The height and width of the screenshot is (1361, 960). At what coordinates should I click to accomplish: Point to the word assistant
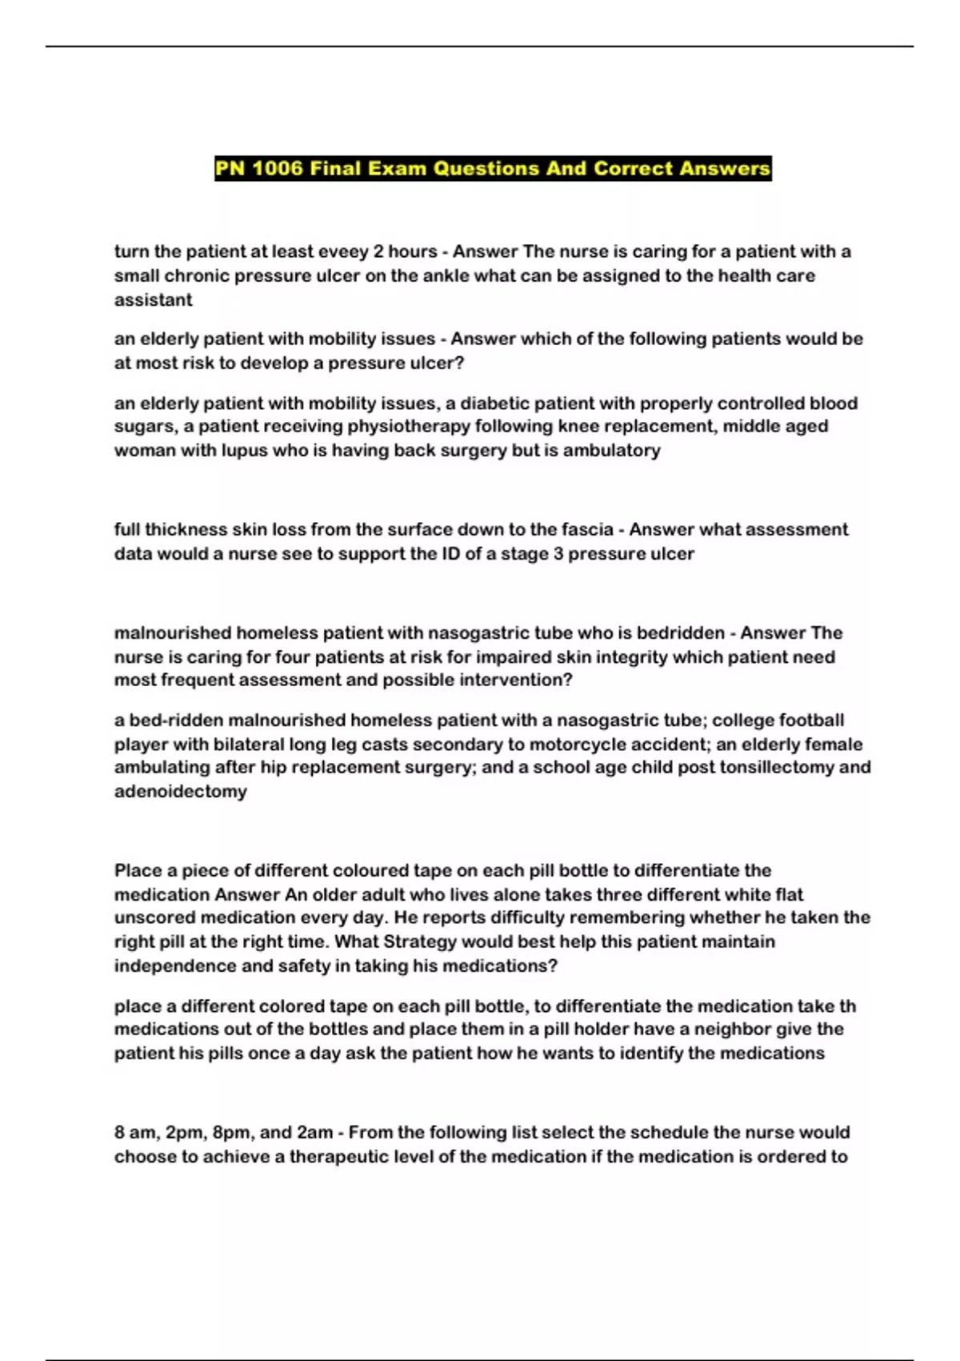click(153, 300)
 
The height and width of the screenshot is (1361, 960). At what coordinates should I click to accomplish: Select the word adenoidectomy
click(180, 792)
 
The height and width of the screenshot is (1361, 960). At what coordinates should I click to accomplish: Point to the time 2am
click(314, 1133)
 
